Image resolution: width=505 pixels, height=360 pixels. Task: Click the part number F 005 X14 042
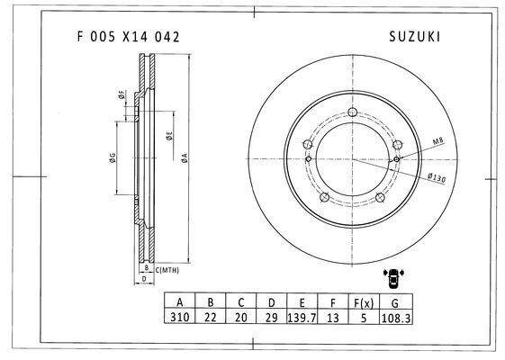click(128, 37)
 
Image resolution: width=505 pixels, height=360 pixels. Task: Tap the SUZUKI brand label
click(414, 37)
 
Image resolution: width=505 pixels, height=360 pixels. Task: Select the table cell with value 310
click(180, 317)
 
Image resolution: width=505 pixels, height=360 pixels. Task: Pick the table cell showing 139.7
click(302, 318)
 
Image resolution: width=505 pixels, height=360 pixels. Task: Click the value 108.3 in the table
click(396, 318)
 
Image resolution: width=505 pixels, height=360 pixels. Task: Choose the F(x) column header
click(364, 303)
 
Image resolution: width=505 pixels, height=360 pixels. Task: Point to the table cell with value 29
click(272, 318)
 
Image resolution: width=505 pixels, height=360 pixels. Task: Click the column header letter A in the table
click(180, 302)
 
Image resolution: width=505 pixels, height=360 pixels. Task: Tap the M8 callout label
click(438, 140)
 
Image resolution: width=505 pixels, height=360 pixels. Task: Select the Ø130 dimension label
click(437, 177)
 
